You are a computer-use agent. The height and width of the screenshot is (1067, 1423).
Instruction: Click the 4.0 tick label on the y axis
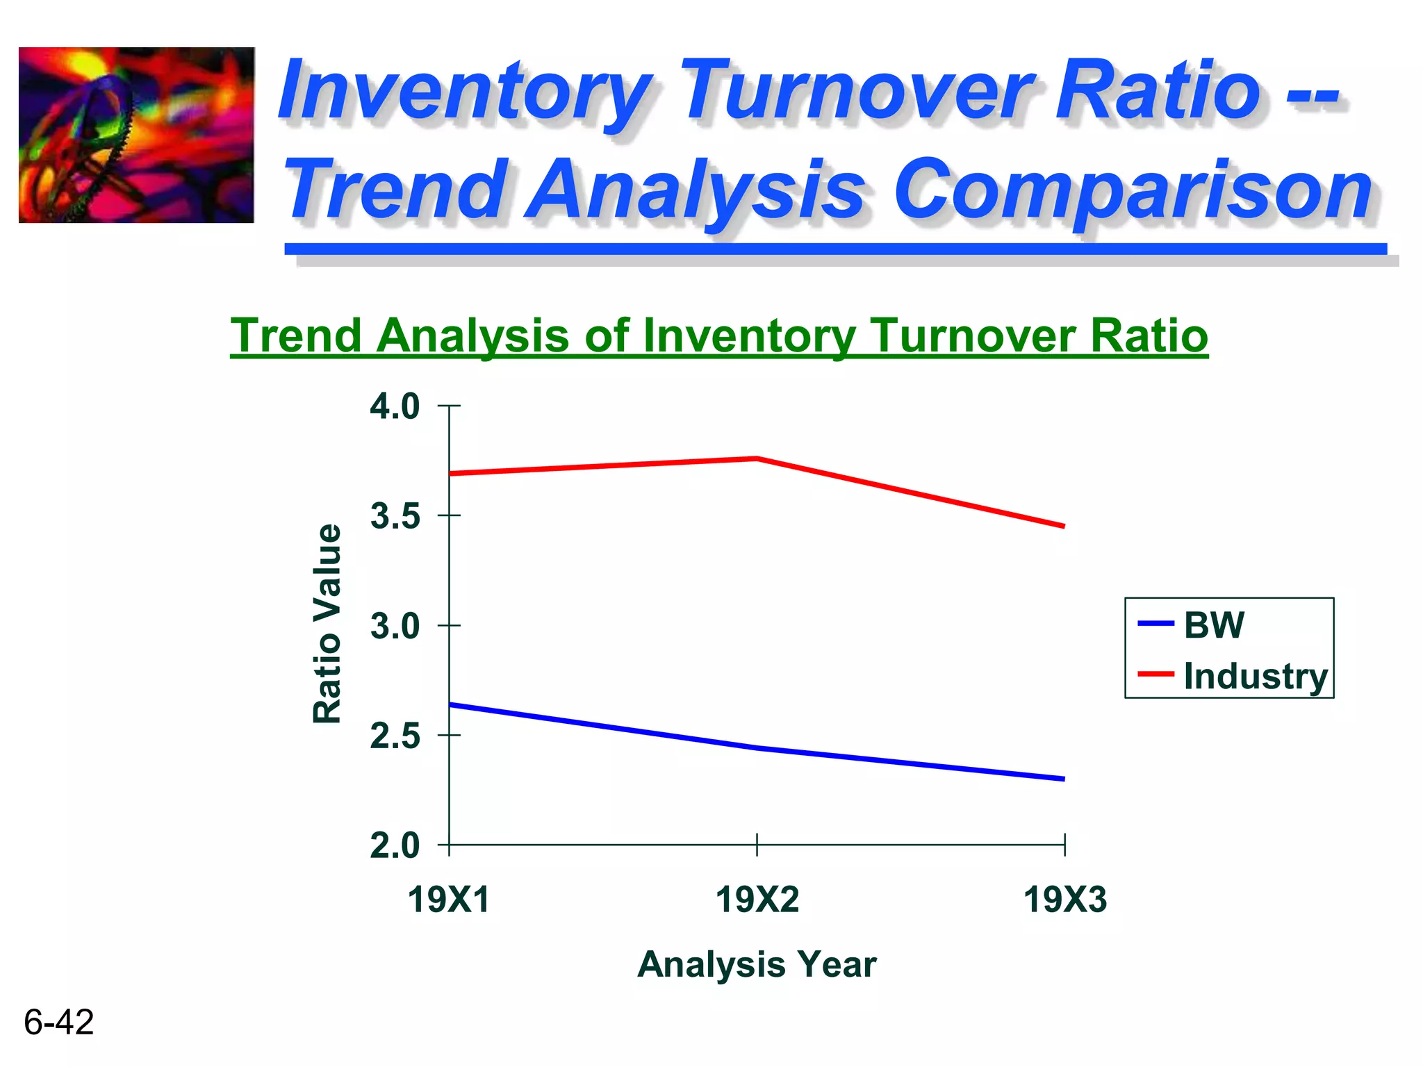395,406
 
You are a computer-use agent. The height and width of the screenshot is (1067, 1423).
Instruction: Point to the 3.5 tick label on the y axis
395,517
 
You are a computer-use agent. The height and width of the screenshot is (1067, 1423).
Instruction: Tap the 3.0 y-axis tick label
395,627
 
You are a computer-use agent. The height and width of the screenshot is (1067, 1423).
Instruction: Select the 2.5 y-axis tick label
395,736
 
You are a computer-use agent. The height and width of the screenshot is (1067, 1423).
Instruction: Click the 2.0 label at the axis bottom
395,846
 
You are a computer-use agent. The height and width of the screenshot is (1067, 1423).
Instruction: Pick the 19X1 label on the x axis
449,900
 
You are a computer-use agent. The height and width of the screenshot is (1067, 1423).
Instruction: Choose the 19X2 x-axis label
757,900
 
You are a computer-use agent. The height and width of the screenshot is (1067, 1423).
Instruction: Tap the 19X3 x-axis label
1064,900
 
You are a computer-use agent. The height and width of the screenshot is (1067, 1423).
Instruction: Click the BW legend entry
1213,624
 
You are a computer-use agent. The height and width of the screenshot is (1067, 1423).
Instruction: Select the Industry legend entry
1255,676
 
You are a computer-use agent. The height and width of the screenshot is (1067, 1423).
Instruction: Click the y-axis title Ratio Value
327,624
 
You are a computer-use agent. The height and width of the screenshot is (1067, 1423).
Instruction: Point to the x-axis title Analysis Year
757,964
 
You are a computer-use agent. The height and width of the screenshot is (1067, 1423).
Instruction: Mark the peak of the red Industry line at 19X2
757,458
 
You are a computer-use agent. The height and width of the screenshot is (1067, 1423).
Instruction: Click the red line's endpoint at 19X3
1063,526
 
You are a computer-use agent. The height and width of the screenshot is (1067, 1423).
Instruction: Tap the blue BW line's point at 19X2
757,748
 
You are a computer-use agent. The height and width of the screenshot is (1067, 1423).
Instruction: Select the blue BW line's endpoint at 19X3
1063,779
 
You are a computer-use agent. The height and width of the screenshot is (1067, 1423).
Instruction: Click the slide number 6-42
59,1022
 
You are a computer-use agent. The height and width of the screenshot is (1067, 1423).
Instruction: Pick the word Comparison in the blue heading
1133,189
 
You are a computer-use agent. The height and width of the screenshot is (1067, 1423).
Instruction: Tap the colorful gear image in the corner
136,135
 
